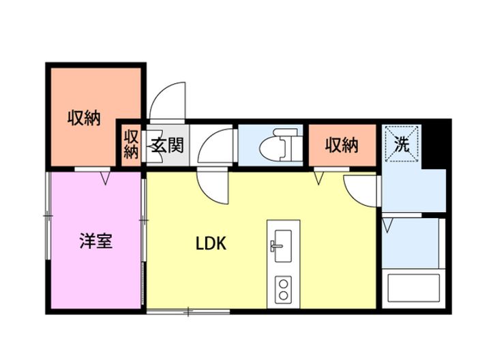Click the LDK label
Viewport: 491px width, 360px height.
[x=211, y=243]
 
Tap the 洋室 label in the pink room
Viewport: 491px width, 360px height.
[x=96, y=241]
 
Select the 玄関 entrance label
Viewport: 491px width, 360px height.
[x=167, y=145]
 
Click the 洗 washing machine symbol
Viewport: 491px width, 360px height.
[x=402, y=144]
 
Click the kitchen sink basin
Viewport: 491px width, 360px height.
[x=283, y=245]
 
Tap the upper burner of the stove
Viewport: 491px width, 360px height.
[x=284, y=284]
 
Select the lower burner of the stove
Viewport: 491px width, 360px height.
[x=284, y=295]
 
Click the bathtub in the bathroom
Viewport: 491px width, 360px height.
[x=413, y=288]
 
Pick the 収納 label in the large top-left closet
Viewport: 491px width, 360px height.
[x=85, y=118]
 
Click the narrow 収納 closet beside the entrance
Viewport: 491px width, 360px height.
[x=131, y=145]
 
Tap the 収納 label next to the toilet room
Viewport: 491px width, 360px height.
[x=342, y=145]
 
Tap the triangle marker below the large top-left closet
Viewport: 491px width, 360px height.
[x=106, y=178]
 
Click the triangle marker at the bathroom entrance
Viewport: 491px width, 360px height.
[x=387, y=226]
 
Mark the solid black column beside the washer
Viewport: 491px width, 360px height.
[x=436, y=145]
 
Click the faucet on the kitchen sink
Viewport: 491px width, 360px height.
[x=276, y=245]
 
